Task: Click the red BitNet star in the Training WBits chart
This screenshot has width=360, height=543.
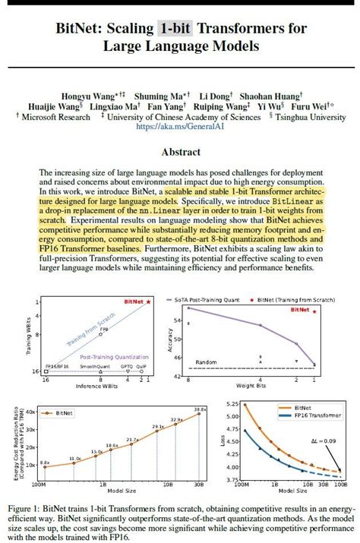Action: tap(148, 301)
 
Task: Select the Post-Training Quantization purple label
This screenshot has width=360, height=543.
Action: tap(103, 356)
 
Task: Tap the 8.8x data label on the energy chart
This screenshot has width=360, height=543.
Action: tap(45, 462)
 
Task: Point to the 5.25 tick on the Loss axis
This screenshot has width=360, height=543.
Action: tap(234, 415)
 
